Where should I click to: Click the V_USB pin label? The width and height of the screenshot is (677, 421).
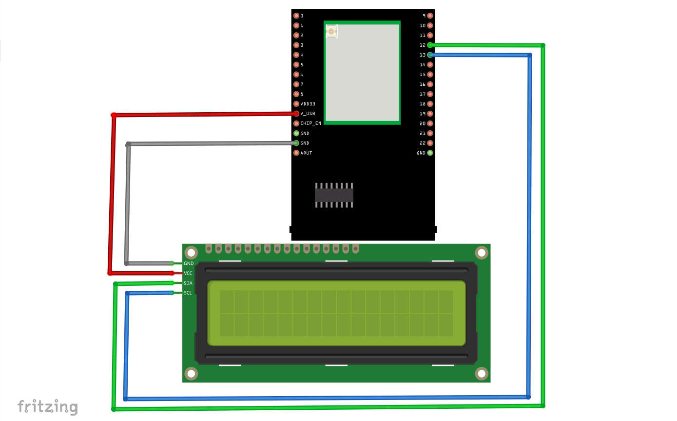click(308, 114)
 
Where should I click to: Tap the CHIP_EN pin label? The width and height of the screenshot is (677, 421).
click(310, 123)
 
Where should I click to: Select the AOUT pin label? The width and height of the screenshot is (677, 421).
click(306, 153)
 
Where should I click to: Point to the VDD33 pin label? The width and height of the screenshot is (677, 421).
click(308, 104)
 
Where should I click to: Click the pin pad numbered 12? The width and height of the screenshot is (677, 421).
click(430, 45)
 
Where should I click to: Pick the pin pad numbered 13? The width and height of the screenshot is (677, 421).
click(430, 55)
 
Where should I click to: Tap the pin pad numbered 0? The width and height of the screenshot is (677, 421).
click(296, 16)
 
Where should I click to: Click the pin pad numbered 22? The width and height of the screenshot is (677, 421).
click(430, 143)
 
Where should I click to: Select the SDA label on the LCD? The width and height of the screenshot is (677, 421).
click(188, 283)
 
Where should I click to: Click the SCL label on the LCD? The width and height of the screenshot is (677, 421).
click(188, 293)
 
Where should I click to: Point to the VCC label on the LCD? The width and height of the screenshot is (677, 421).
click(188, 273)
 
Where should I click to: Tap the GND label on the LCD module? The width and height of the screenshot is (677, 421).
click(188, 263)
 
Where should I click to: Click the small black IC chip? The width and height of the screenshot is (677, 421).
click(334, 195)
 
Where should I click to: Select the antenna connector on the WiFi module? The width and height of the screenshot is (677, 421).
click(331, 32)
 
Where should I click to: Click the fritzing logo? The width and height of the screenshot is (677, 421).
click(48, 406)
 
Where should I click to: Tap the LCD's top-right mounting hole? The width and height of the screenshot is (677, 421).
click(482, 252)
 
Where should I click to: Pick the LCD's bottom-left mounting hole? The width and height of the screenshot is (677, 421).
click(191, 374)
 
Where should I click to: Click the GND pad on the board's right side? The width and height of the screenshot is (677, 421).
click(430, 153)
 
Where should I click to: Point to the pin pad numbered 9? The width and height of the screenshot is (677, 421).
click(430, 16)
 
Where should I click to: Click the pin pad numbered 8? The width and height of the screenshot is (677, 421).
click(296, 94)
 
